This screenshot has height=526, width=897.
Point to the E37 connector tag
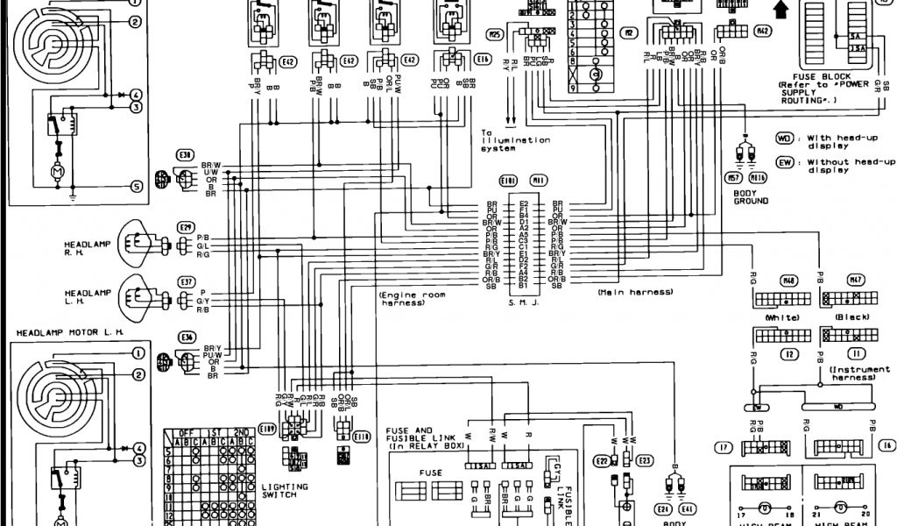click(x=187, y=282)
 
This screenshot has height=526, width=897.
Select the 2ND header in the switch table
click(x=237, y=433)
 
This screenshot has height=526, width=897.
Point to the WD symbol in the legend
click(x=785, y=139)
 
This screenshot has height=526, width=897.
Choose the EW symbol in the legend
click(x=785, y=162)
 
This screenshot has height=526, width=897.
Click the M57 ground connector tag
click(x=734, y=178)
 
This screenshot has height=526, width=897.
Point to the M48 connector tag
click(x=788, y=281)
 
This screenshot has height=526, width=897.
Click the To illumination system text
click(x=515, y=144)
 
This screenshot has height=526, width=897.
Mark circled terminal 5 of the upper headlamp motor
click(x=137, y=186)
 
